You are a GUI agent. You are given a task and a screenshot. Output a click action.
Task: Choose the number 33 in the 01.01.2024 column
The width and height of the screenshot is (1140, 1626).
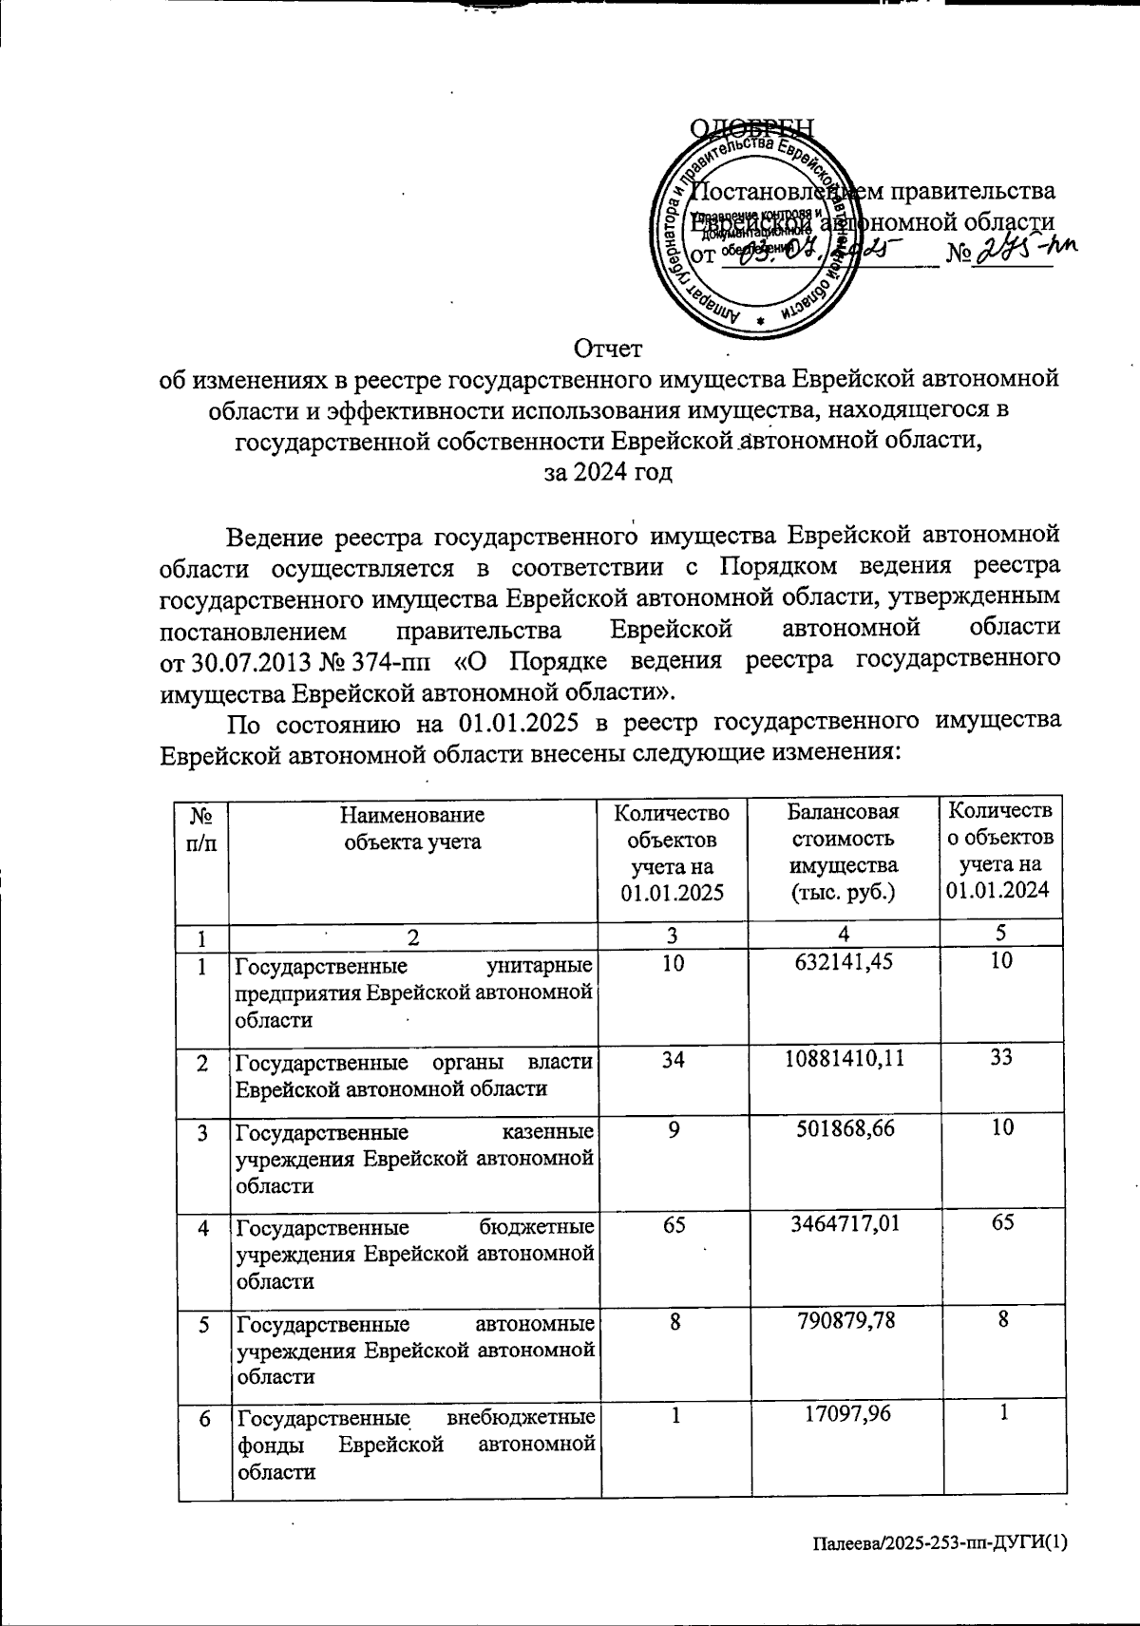pyautogui.click(x=1001, y=1057)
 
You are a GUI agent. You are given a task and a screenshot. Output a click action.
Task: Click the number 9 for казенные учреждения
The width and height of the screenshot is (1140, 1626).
pyautogui.click(x=674, y=1127)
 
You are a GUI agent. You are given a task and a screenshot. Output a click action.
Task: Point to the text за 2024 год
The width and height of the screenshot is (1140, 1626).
pyautogui.click(x=608, y=471)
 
